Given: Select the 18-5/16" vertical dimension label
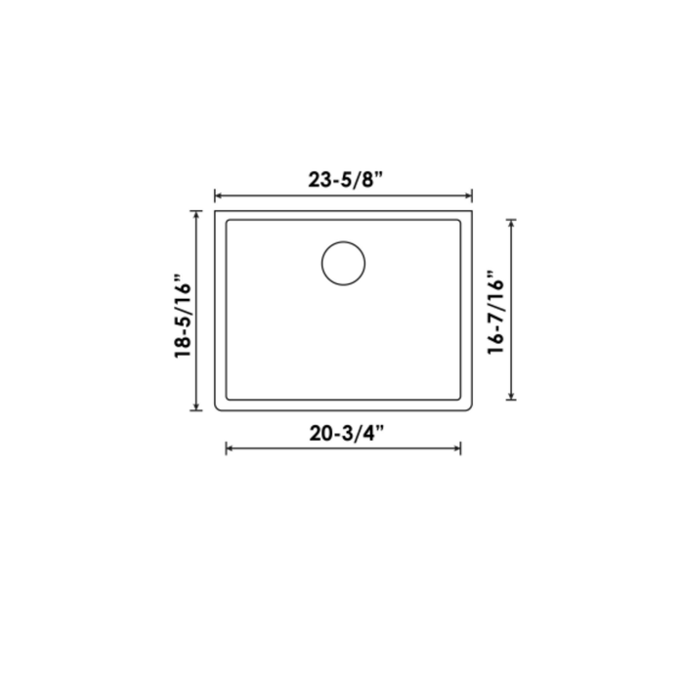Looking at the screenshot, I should coord(183,321).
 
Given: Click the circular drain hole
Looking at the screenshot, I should coord(343,263).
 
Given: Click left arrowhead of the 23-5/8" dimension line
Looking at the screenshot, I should coord(217,195).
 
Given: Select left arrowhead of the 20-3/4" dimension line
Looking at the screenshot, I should coord(229,449).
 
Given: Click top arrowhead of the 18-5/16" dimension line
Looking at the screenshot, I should coord(198,213).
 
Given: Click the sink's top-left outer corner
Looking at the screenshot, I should coord(214,209).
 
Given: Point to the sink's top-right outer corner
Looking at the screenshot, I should coord(472,209).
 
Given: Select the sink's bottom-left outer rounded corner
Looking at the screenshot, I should coord(216,408).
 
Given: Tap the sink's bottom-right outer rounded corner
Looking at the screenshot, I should coord(470,408).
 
